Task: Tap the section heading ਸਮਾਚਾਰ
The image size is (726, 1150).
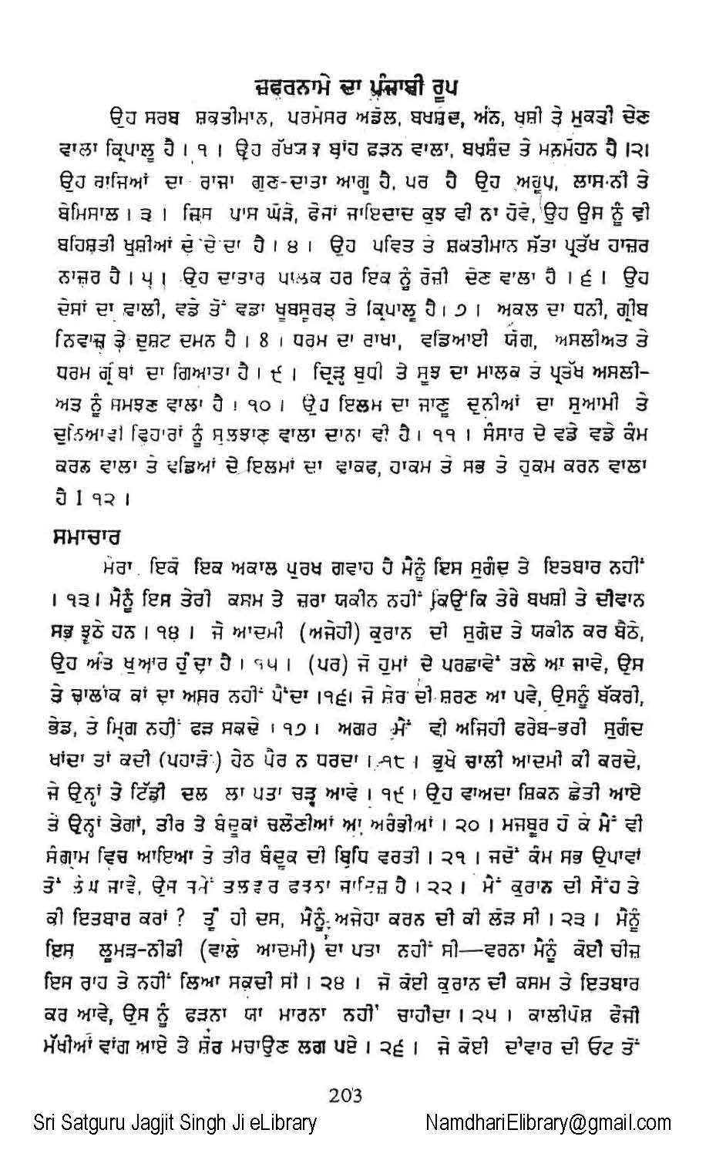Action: pos(92,534)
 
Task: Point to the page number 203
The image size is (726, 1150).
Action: pos(345,1095)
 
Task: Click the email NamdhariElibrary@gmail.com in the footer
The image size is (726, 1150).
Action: pos(548,1122)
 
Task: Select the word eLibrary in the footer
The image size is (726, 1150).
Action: pos(282,1122)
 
